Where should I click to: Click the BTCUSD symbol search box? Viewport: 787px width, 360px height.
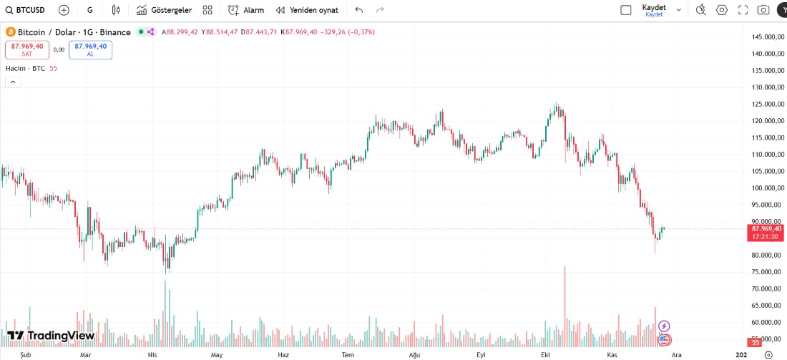[27, 10]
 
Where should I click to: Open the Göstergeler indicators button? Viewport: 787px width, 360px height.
[164, 10]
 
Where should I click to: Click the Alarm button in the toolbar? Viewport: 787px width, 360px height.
[246, 10]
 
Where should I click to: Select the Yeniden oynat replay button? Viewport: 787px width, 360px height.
[307, 10]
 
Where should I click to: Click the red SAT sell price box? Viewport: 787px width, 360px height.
[27, 49]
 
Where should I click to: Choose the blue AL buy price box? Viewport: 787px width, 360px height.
[90, 49]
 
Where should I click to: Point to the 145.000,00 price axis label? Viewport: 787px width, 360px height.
[765, 37]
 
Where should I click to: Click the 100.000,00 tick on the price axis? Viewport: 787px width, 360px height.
[765, 188]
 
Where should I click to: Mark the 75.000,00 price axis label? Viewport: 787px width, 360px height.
[765, 272]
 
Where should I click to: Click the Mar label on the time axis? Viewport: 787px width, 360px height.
[85, 355]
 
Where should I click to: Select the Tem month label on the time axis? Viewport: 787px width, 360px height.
[348, 355]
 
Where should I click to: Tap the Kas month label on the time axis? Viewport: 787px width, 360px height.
[612, 355]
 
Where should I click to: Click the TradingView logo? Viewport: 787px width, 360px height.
[51, 336]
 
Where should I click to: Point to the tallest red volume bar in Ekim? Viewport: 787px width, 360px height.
[564, 301]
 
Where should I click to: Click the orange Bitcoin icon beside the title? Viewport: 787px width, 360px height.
[10, 32]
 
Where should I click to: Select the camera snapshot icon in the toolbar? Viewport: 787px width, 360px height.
[763, 10]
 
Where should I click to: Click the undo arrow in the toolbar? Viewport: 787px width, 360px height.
[358, 10]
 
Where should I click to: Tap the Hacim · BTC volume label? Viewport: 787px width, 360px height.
[25, 68]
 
